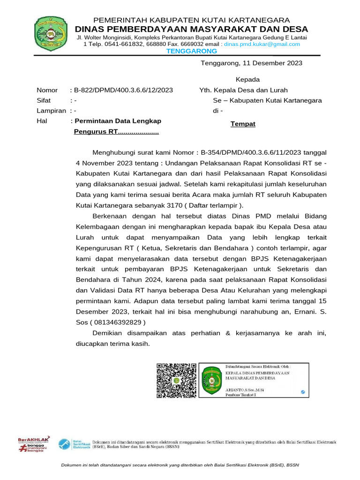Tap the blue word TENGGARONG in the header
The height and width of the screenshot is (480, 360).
(192, 51)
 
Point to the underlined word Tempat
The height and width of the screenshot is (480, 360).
(243, 124)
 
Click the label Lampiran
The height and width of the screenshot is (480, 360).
(52, 111)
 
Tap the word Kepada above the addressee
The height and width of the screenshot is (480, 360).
(247, 79)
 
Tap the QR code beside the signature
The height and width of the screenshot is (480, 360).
(176, 380)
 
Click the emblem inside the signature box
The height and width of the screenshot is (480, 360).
(211, 380)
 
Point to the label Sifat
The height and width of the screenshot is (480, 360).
(44, 100)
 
